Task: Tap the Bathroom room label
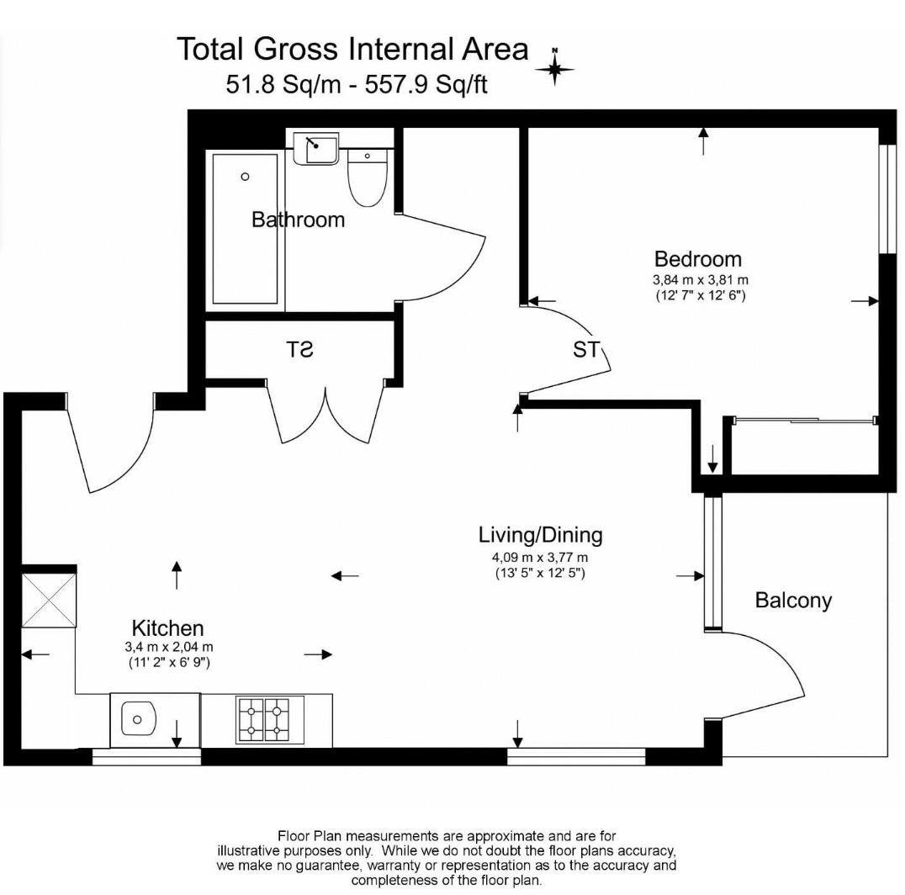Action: tap(298, 220)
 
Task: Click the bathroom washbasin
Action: tap(317, 150)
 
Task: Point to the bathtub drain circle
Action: tap(245, 177)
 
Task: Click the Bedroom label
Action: tap(698, 258)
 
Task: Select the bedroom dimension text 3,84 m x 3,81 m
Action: tap(701, 280)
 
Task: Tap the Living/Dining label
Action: tap(540, 534)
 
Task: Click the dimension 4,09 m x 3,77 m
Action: tap(540, 557)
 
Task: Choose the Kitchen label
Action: tap(167, 628)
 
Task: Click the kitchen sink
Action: tap(139, 719)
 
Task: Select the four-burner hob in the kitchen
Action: tap(262, 720)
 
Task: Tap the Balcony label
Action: tap(792, 600)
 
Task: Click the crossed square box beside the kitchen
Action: tap(49, 599)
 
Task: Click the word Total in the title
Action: tap(211, 49)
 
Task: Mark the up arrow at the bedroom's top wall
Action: tap(702, 140)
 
